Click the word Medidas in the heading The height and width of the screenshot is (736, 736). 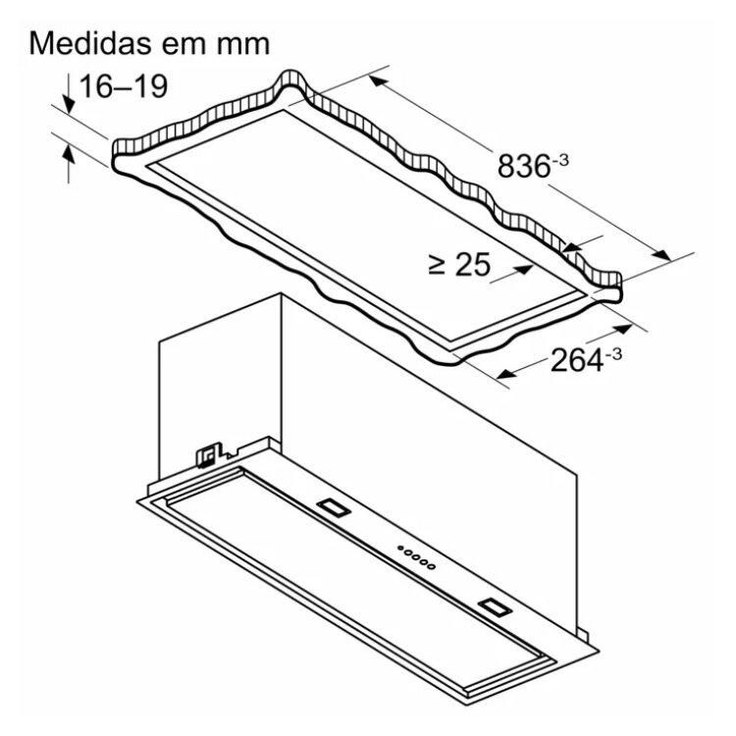90,43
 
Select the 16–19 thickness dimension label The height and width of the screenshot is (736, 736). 124,86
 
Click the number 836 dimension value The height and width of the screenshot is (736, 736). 523,167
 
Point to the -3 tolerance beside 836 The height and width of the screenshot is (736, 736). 560,161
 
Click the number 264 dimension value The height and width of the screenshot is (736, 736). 576,360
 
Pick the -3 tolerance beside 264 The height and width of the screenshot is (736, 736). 613,354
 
